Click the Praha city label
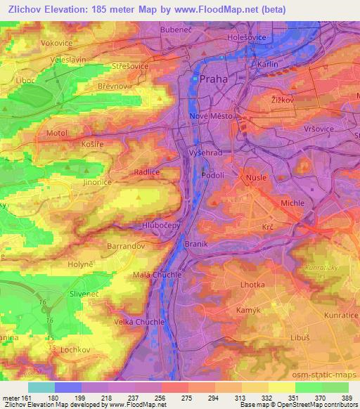tap(214, 79)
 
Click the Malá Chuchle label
tap(157, 275)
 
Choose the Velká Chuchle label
tap(141, 321)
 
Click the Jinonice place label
tap(98, 182)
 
